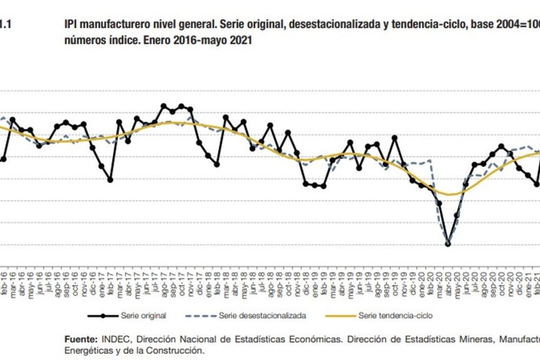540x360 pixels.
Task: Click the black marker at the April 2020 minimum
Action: tap(448, 244)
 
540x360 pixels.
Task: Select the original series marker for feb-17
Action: tap(110, 180)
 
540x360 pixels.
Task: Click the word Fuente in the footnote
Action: tap(81, 340)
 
